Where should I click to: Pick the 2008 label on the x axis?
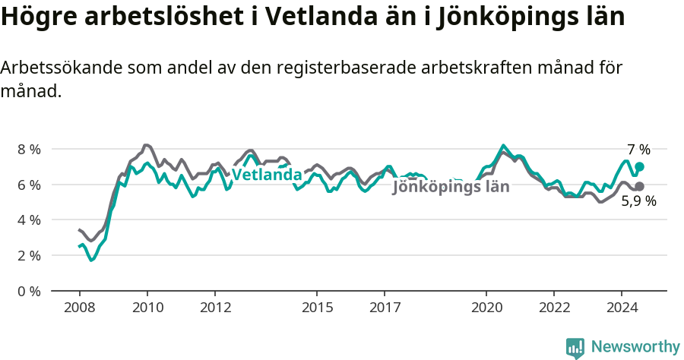point(79,308)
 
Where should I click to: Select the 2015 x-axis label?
point(316,308)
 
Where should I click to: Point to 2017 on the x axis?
point(385,308)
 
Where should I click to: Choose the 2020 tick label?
point(486,308)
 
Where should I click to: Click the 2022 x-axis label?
point(553,308)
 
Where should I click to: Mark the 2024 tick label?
point(622,308)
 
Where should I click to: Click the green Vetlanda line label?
point(266,175)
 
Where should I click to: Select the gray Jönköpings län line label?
point(451,188)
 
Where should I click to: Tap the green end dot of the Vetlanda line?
point(640,166)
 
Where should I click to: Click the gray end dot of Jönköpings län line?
point(640,186)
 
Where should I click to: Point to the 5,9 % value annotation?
point(638,202)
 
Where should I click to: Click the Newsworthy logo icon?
point(575,348)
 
